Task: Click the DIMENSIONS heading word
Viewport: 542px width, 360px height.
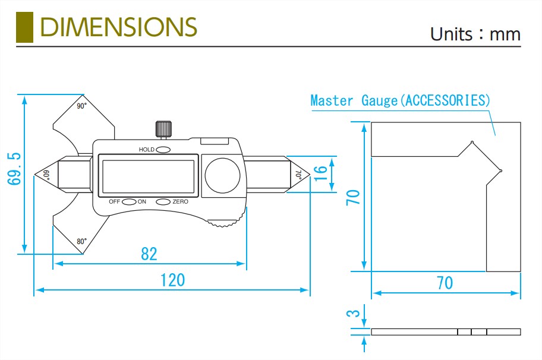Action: (x=118, y=27)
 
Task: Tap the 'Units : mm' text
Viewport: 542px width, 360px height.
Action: (x=475, y=34)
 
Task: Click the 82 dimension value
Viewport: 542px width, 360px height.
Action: (x=149, y=254)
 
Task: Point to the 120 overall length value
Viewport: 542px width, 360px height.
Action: (x=172, y=280)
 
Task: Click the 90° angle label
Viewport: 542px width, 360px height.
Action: (x=81, y=106)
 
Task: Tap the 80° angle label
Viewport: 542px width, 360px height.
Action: (x=81, y=241)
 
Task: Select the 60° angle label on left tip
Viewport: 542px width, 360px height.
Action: (x=45, y=175)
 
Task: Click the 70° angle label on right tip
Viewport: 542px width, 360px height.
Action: (x=298, y=175)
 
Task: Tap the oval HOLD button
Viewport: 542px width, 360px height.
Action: (x=163, y=149)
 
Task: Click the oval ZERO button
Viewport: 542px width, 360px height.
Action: (x=163, y=202)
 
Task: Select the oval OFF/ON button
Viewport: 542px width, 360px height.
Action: (x=129, y=202)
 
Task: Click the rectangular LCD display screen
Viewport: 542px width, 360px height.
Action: (x=147, y=176)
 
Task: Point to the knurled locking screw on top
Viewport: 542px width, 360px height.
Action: (x=163, y=128)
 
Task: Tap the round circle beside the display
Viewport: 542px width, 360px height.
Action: (x=223, y=176)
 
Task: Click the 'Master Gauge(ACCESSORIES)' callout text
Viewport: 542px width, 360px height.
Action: (x=401, y=100)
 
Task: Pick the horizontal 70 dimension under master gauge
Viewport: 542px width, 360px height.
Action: (x=445, y=283)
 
